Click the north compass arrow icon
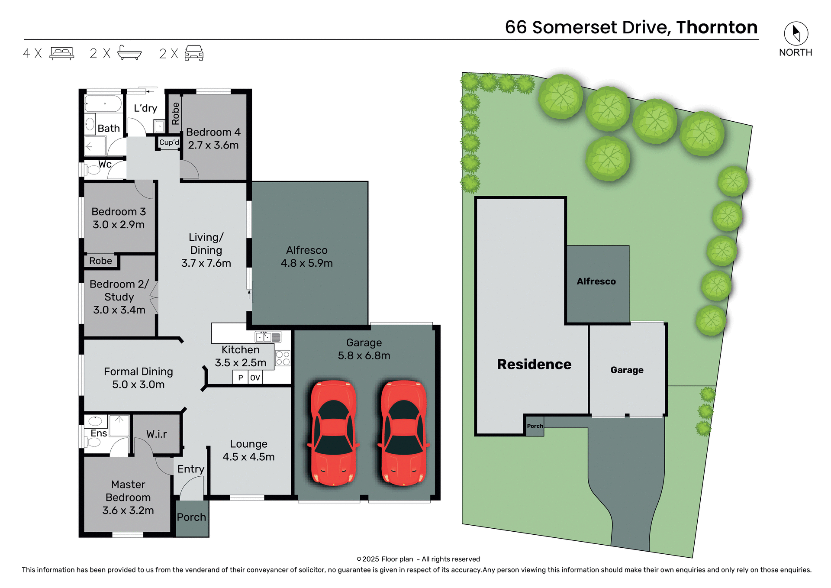click(x=796, y=33)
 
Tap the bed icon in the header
click(x=62, y=53)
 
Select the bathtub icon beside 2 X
click(x=129, y=53)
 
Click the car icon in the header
click(x=194, y=53)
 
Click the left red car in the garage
click(x=333, y=433)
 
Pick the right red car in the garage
click(x=403, y=433)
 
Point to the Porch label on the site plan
click(x=535, y=426)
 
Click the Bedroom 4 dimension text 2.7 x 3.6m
click(x=213, y=145)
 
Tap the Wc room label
click(x=105, y=165)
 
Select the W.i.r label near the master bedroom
click(x=156, y=434)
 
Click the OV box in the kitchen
click(x=255, y=378)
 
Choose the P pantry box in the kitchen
click(x=241, y=378)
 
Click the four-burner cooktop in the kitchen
click(x=283, y=358)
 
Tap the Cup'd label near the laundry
click(x=169, y=142)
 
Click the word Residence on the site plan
click(x=534, y=365)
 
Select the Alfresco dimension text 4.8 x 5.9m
click(x=306, y=263)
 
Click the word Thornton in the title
click(x=717, y=27)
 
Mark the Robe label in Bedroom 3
click(x=100, y=261)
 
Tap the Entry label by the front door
click(x=190, y=469)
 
